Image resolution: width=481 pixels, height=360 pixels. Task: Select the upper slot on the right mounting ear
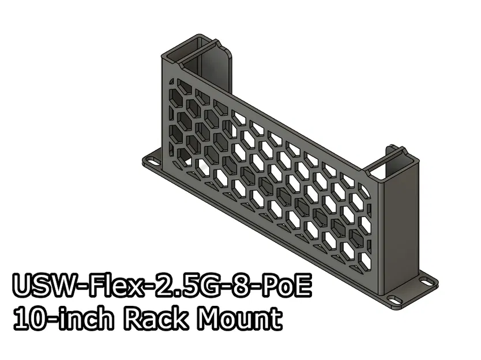click(x=427, y=282)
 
